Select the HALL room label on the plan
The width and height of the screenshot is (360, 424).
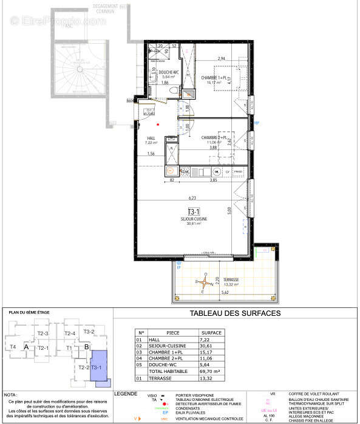(x=151, y=138)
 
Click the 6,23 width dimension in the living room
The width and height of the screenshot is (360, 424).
(x=192, y=197)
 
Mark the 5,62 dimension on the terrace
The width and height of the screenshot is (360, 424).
(x=225, y=292)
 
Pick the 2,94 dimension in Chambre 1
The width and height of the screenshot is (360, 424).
(x=222, y=59)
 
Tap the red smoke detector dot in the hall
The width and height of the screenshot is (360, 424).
(x=158, y=125)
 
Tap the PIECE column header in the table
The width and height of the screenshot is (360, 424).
(x=173, y=333)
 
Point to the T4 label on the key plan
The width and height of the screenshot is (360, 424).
(x=13, y=347)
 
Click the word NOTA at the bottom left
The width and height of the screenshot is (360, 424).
(x=11, y=395)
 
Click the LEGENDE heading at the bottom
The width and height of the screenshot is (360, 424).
(x=126, y=394)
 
